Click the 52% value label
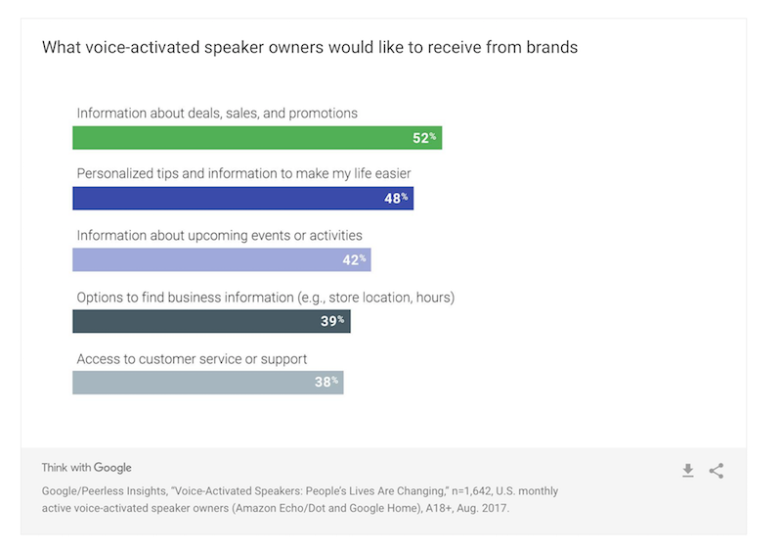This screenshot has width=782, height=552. pyautogui.click(x=424, y=138)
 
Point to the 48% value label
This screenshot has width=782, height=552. pyautogui.click(x=396, y=199)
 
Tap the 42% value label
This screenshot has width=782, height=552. pyautogui.click(x=354, y=259)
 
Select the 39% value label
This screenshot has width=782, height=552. pyautogui.click(x=332, y=321)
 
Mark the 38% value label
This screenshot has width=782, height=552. pyautogui.click(x=326, y=382)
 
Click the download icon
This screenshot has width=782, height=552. pyautogui.click(x=688, y=471)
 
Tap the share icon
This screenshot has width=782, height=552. pyautogui.click(x=717, y=471)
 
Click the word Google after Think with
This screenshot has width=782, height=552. pyautogui.click(x=113, y=468)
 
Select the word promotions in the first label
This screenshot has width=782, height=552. pyautogui.click(x=324, y=114)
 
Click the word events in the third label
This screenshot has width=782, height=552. pyautogui.click(x=275, y=235)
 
